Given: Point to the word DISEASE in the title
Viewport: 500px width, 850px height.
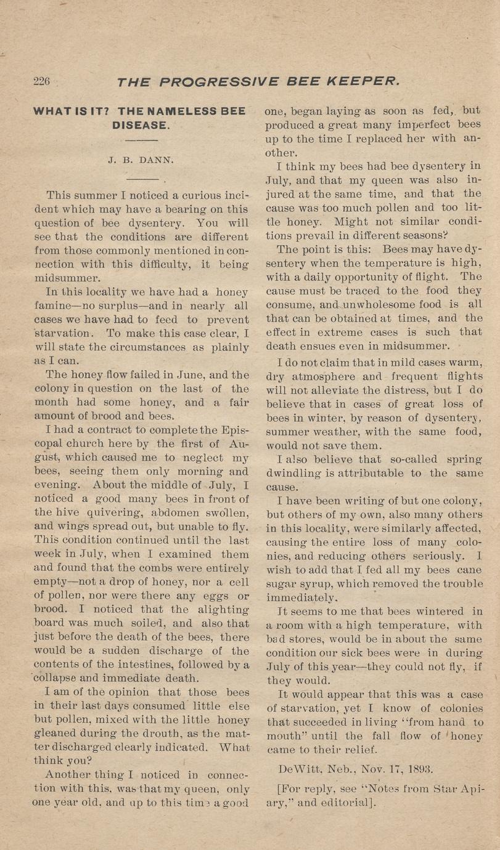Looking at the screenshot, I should pyautogui.click(x=140, y=125).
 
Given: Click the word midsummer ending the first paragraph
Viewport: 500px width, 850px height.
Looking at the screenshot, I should pyautogui.click(x=64, y=278).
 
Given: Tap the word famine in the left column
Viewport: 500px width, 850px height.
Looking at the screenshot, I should pyautogui.click(x=55, y=306).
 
